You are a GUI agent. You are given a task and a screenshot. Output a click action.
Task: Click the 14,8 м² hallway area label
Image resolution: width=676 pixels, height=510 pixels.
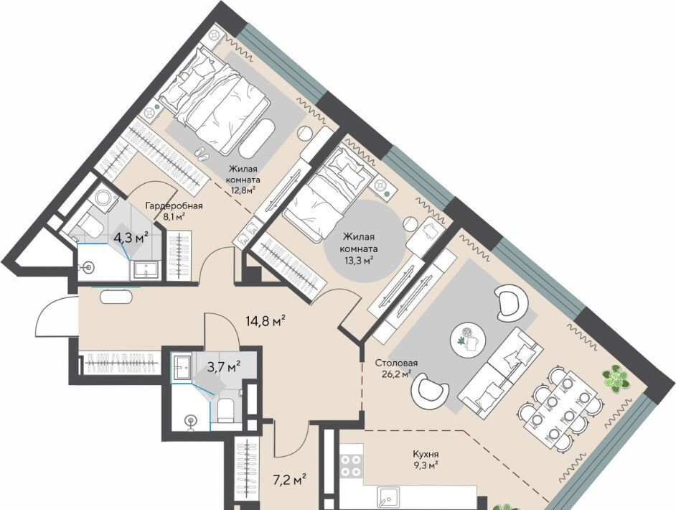click(x=266, y=321)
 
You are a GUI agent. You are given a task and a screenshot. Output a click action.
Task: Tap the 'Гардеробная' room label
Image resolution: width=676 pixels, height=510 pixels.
click(x=174, y=206)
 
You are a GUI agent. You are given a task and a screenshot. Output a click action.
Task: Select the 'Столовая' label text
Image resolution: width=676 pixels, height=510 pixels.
click(x=396, y=363)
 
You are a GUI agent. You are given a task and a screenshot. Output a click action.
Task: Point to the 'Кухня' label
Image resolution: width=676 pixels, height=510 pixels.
click(x=426, y=454)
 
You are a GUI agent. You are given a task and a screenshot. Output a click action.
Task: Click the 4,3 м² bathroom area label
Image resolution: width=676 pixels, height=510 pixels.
click(x=131, y=237)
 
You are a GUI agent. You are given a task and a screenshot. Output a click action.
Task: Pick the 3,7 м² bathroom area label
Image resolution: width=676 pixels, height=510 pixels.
click(x=224, y=368)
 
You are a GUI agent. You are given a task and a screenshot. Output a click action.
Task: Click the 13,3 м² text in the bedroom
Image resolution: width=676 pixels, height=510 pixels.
click(x=358, y=260)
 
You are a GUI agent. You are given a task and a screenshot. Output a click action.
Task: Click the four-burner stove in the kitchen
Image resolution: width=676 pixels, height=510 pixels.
click(x=351, y=466)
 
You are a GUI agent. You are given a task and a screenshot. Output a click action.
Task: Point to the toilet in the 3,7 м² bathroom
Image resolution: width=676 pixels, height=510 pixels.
click(x=225, y=410)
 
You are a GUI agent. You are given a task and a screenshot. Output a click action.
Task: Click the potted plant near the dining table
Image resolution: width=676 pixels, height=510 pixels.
click(x=616, y=378)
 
